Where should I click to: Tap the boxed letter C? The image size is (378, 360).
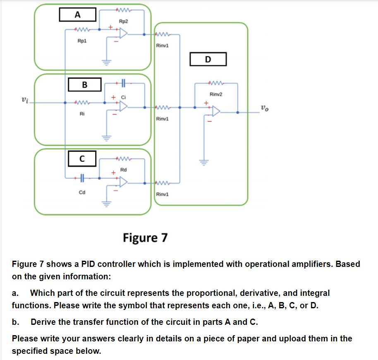82,158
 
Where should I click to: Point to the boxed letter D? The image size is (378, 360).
208,59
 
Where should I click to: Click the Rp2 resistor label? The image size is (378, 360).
123,21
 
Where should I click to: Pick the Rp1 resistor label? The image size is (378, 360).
82,41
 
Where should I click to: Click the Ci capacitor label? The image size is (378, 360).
123,97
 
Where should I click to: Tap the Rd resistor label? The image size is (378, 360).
123,170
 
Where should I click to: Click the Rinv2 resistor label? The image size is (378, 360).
216,95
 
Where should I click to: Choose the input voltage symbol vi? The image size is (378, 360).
25,100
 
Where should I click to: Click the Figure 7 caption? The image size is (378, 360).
145,238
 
